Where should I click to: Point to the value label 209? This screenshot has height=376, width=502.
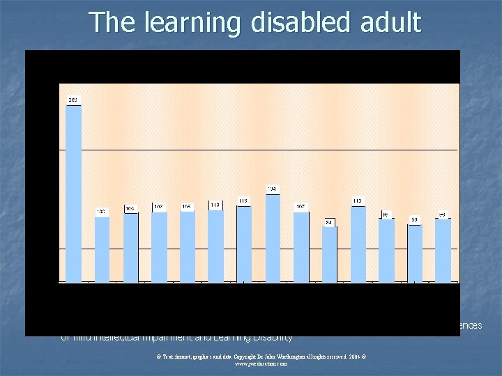pyautogui.click(x=73, y=100)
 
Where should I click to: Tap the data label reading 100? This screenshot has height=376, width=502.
pyautogui.click(x=102, y=212)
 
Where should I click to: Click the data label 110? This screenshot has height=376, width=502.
pyautogui.click(x=215, y=205)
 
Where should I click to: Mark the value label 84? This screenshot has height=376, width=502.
pyautogui.click(x=329, y=222)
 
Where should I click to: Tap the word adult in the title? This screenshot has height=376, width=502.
pyautogui.click(x=392, y=23)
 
